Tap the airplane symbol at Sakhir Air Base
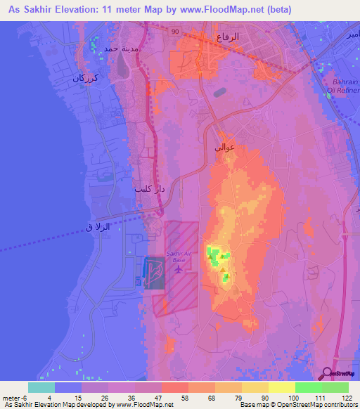coord(179,268)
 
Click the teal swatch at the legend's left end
coord(41,387)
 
